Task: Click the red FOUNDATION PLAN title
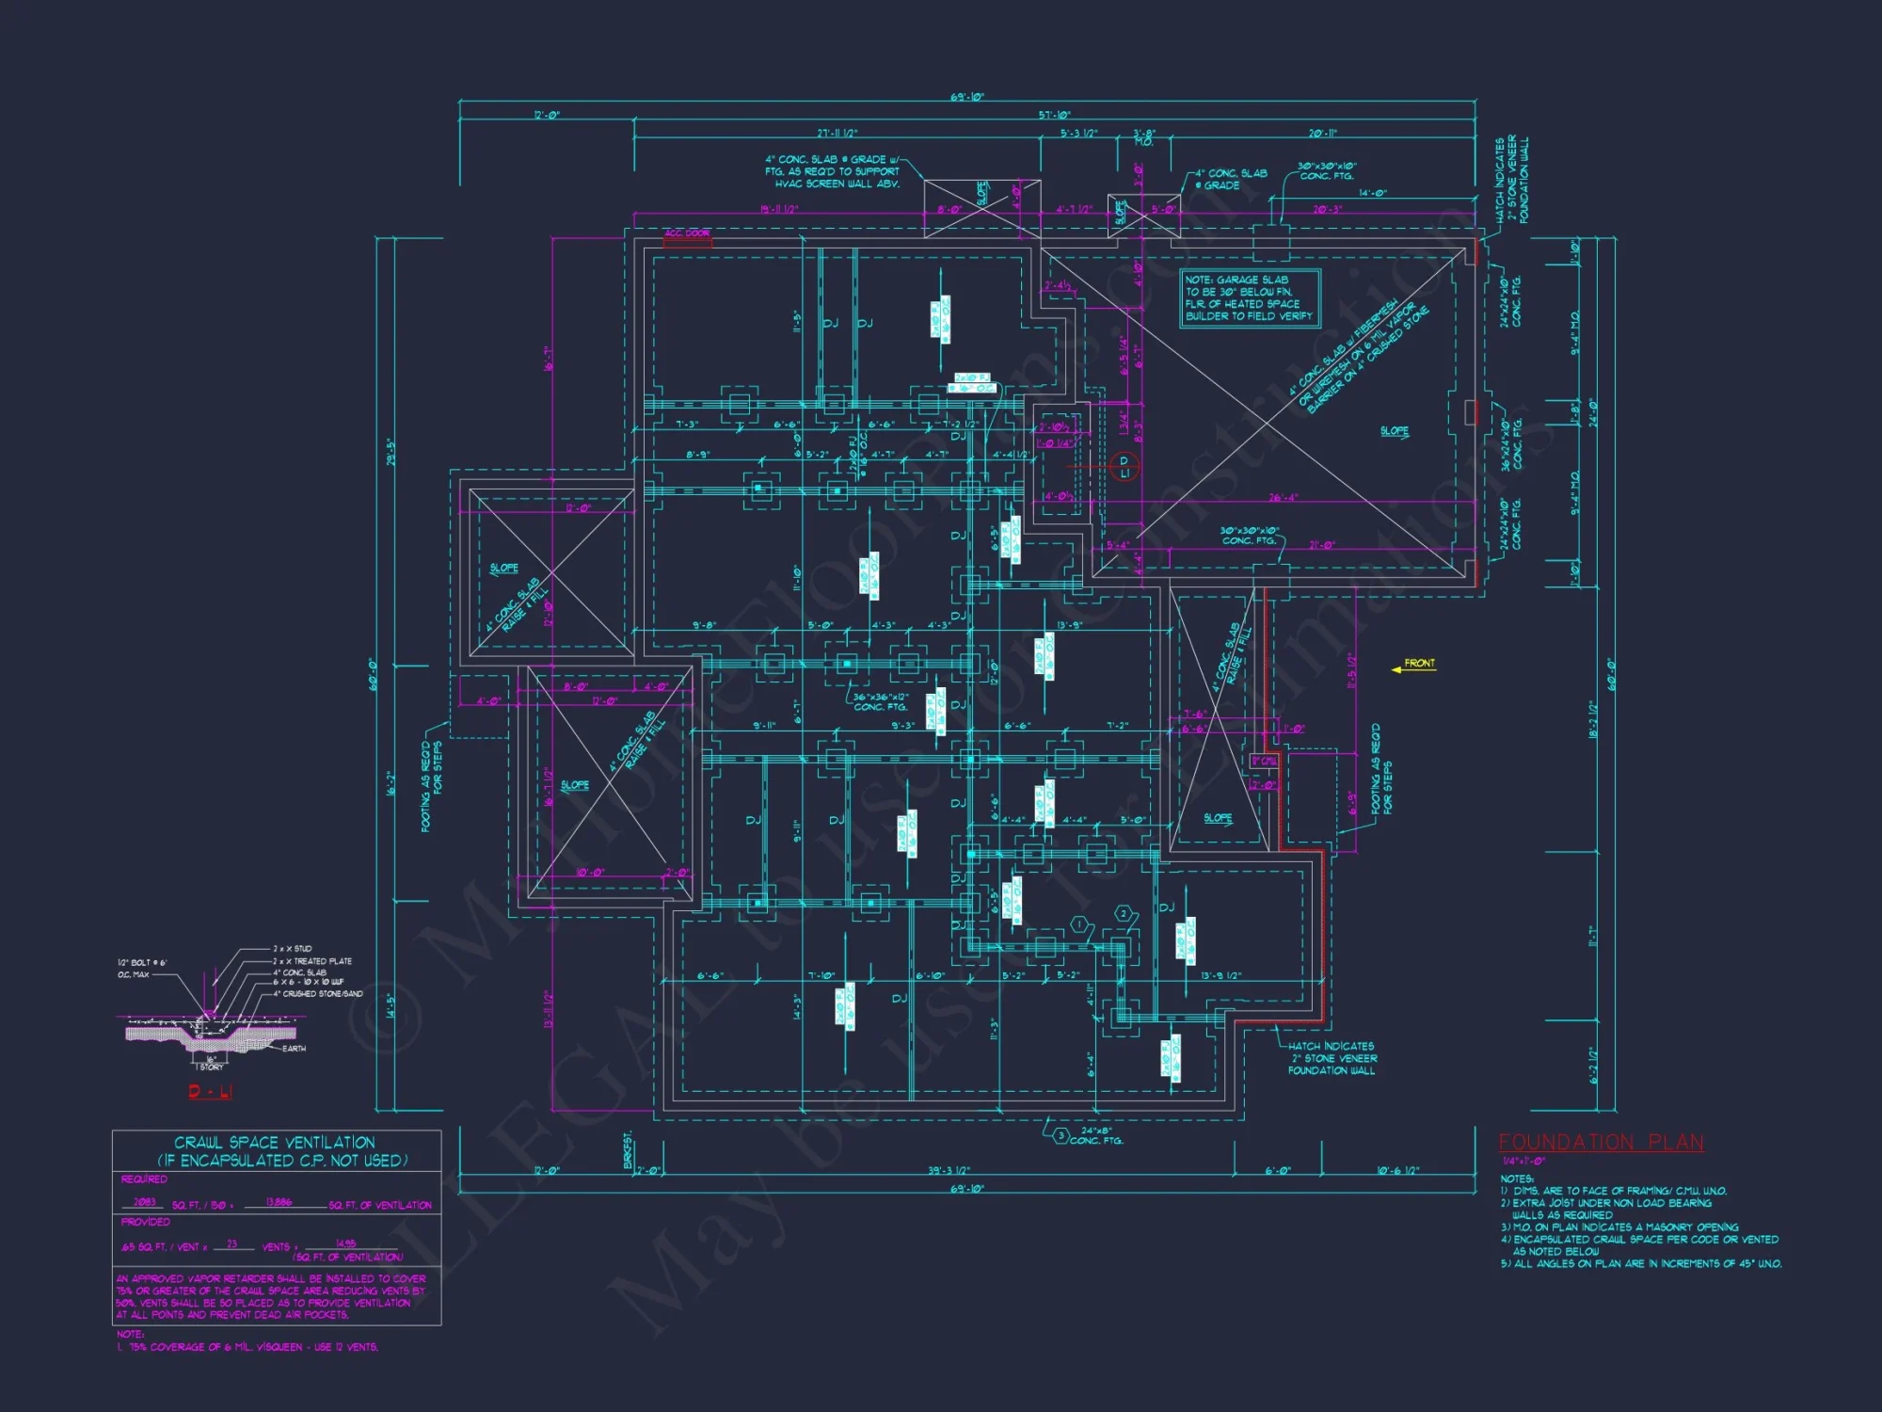pyautogui.click(x=1601, y=1142)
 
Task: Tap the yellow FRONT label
pyautogui.click(x=1419, y=664)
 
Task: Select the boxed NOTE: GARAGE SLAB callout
pyautogui.click(x=1250, y=297)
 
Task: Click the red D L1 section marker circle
pyautogui.click(x=1124, y=466)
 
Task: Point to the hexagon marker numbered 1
pyautogui.click(x=1079, y=925)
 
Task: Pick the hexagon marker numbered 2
pyautogui.click(x=1123, y=914)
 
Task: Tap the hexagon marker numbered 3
pyautogui.click(x=1061, y=1135)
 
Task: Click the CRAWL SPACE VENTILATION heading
pyautogui.click(x=275, y=1142)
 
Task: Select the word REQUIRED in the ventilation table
pyautogui.click(x=144, y=1179)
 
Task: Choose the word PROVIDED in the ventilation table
pyautogui.click(x=145, y=1222)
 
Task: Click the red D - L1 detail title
pyautogui.click(x=210, y=1091)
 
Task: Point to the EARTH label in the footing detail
pyautogui.click(x=294, y=1049)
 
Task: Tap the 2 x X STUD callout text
pyautogui.click(x=293, y=949)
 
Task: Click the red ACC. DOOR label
pyautogui.click(x=688, y=233)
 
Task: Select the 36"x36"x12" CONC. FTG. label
pyautogui.click(x=881, y=702)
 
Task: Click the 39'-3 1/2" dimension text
pyautogui.click(x=949, y=1171)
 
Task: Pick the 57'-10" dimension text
pyautogui.click(x=1055, y=115)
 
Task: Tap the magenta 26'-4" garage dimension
pyautogui.click(x=1283, y=497)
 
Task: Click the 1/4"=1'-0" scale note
pyautogui.click(x=1523, y=1162)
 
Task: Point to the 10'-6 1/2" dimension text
pyautogui.click(x=1397, y=1171)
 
